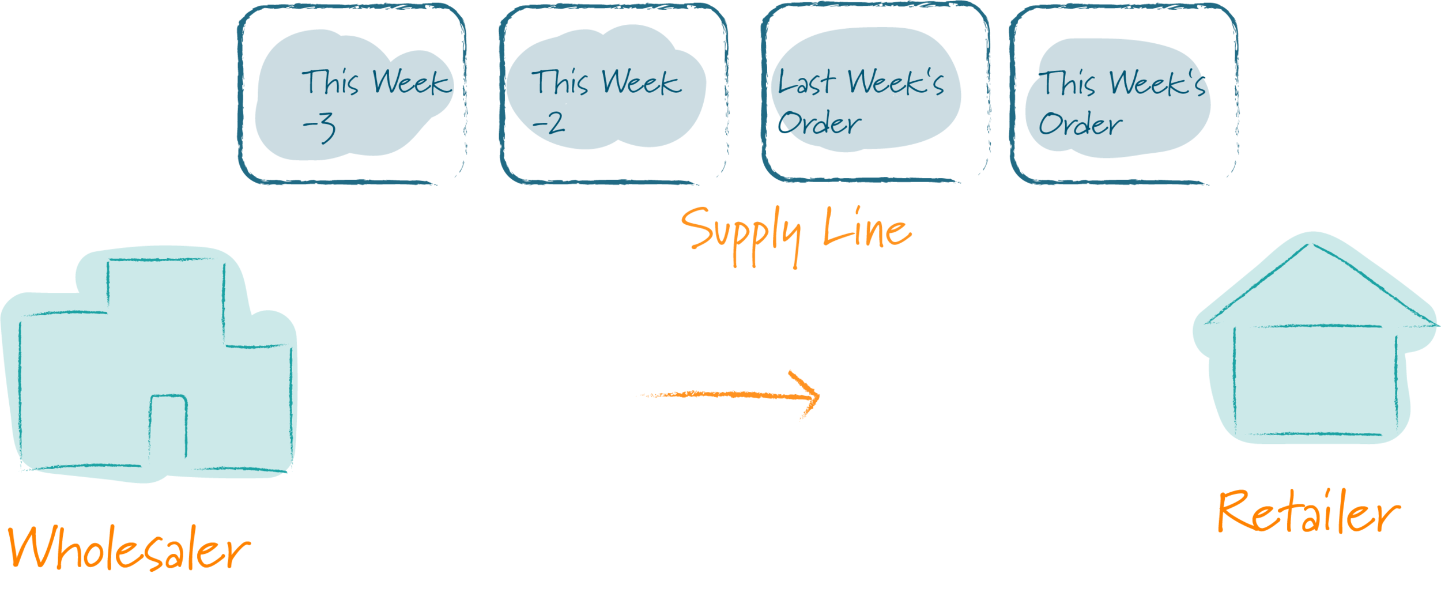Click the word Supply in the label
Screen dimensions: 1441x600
tap(741, 233)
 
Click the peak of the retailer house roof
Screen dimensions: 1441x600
tap(1312, 245)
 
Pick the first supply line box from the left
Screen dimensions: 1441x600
tap(352, 94)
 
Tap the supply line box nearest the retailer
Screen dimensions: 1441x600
tap(1123, 94)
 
